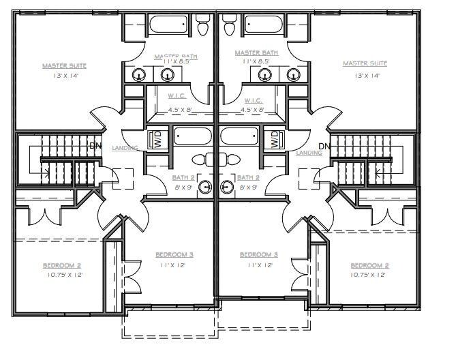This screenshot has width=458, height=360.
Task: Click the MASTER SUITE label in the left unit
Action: (65, 65)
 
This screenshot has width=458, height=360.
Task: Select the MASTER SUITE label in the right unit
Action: (365, 63)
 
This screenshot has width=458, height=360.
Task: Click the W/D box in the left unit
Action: (157, 139)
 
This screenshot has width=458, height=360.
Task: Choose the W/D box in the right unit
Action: (274, 139)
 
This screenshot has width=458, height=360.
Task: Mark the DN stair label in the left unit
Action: (96, 145)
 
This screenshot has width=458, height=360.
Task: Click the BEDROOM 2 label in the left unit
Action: (62, 265)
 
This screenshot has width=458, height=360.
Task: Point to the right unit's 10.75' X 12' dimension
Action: (369, 275)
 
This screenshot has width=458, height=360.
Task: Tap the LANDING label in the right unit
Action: (309, 153)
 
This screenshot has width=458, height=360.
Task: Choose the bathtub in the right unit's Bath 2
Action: (239, 136)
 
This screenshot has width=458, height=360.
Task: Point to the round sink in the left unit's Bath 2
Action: (207, 188)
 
